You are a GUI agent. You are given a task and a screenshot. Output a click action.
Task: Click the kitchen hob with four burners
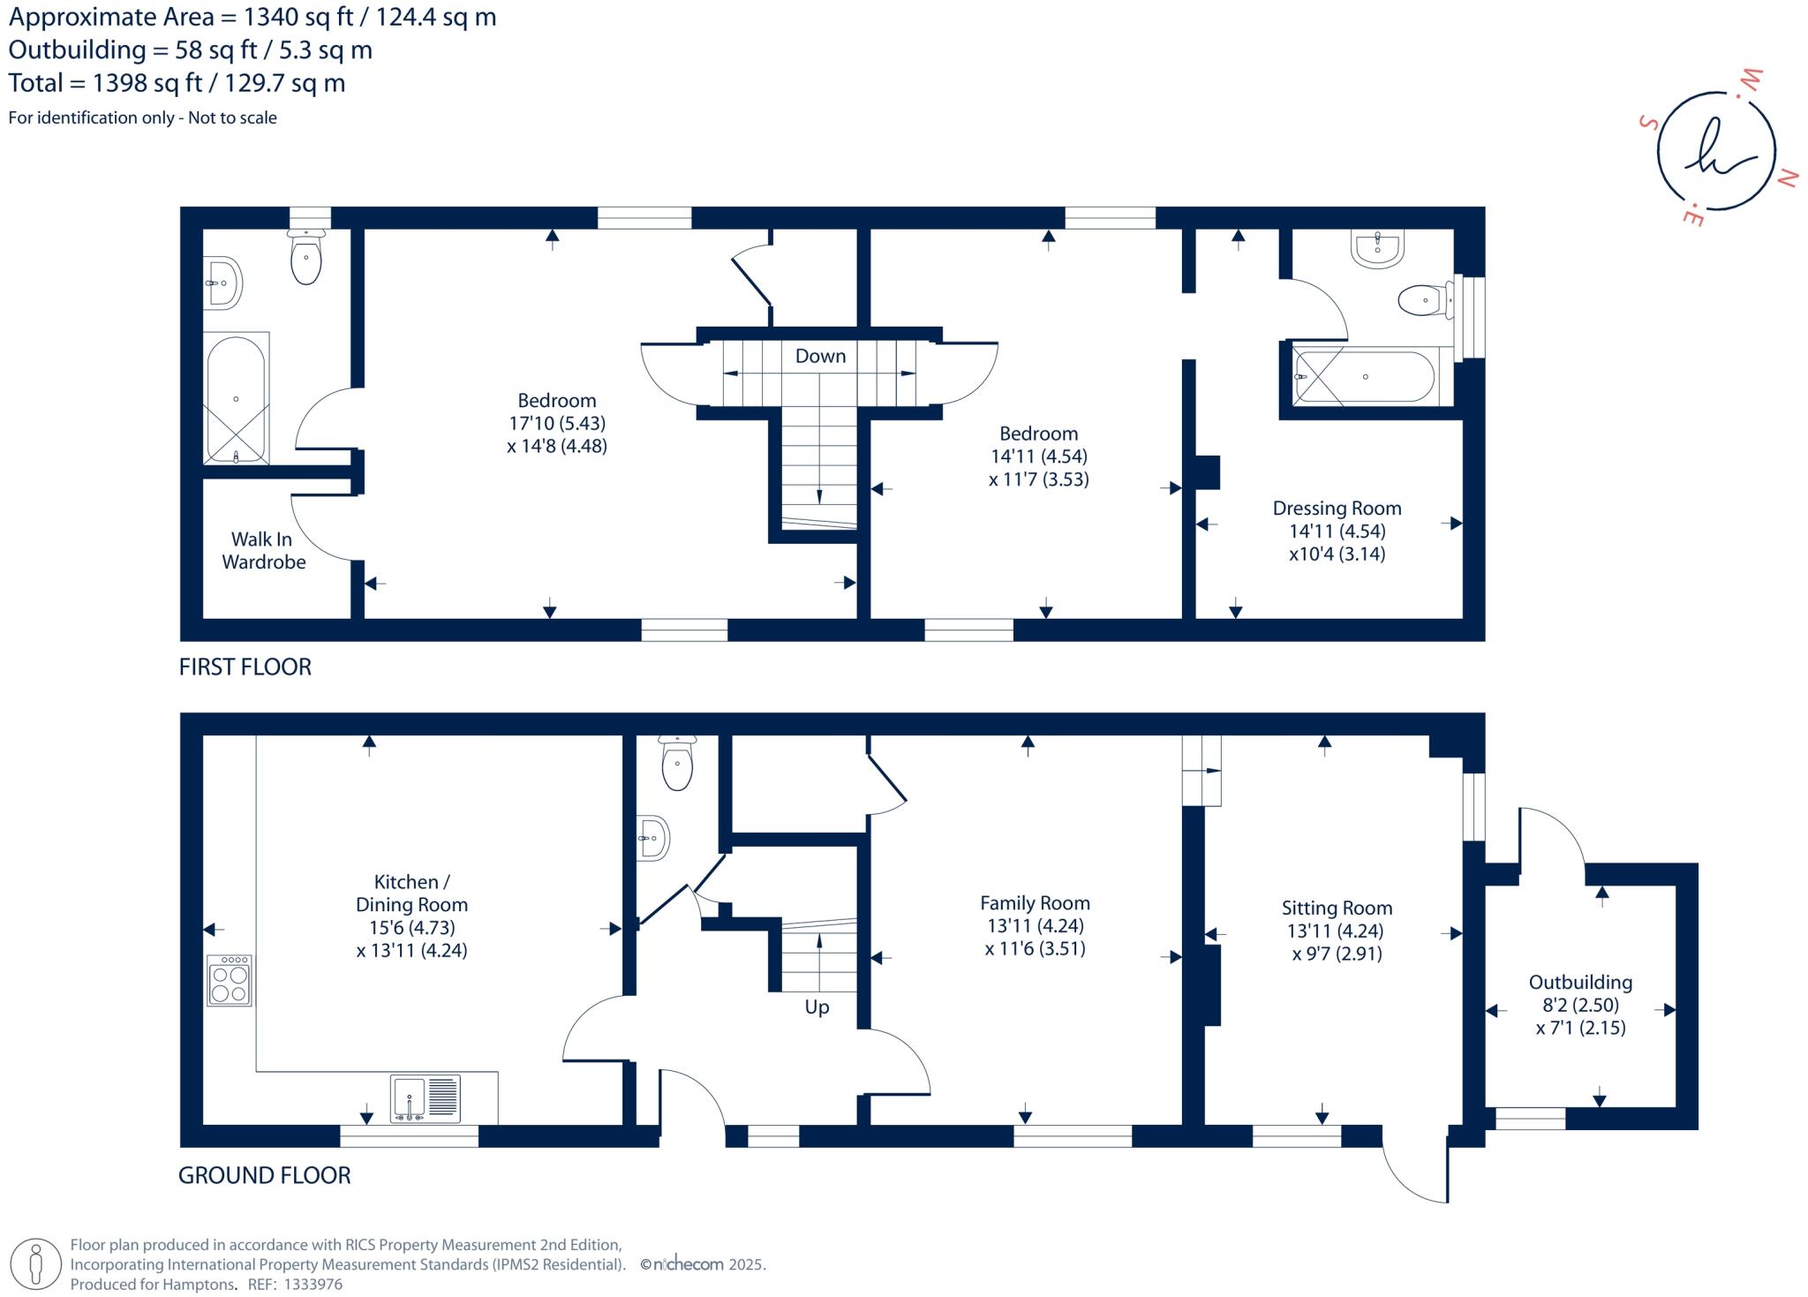[230, 981]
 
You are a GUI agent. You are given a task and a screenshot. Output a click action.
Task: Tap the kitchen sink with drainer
[426, 1098]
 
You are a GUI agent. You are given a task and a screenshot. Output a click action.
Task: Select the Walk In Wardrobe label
[263, 550]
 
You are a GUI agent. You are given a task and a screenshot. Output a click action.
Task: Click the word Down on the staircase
[820, 356]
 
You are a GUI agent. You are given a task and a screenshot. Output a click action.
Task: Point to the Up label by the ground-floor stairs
[817, 1007]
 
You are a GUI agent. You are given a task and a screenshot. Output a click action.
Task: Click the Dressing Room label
[1337, 509]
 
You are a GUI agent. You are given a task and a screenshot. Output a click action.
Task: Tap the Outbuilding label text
[1580, 983]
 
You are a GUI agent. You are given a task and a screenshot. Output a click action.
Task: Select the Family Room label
[1035, 903]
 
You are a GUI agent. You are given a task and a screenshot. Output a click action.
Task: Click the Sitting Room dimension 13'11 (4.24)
[1335, 931]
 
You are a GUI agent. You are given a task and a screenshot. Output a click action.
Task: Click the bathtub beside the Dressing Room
[1365, 377]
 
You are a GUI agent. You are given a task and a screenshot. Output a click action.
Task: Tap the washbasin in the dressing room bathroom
[1377, 247]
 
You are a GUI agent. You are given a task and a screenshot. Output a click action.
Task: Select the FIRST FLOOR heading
[245, 667]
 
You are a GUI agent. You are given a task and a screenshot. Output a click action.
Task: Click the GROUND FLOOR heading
[264, 1175]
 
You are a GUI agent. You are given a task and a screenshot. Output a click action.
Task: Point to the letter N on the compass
[1786, 178]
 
